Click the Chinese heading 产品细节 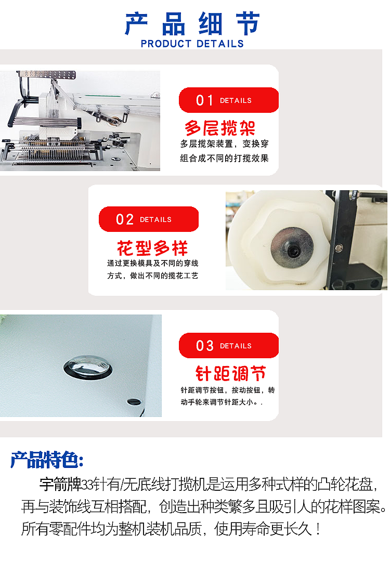[192, 24]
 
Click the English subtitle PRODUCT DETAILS [192, 44]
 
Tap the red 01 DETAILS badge [228, 100]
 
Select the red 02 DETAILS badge [148, 219]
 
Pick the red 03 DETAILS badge [228, 346]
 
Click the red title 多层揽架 [220, 128]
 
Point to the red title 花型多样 [152, 247]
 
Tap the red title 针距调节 [230, 373]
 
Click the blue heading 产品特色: [47, 460]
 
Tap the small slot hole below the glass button [134, 401]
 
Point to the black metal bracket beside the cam [343, 239]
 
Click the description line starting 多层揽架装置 [224, 144]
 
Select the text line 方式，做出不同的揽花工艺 [152, 276]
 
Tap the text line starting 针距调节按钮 [228, 389]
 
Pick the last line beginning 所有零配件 [172, 529]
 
